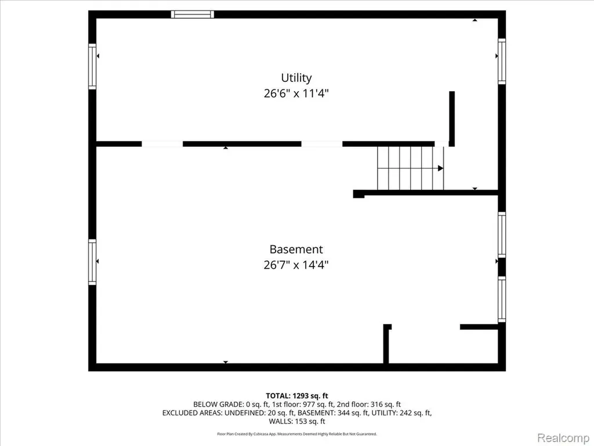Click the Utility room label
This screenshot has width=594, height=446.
pos(296,78)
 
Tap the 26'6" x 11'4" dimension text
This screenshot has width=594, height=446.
pos(296,93)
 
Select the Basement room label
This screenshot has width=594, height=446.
pos(296,250)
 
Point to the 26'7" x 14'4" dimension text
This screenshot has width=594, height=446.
pos(296,265)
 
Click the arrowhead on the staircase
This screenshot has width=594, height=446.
pos(441,168)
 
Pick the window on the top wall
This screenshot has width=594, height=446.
pos(193,15)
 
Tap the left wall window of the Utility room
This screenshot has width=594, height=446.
pos(92,66)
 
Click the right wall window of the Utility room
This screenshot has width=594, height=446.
pos(502,62)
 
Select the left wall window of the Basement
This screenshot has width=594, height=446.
pos(92,262)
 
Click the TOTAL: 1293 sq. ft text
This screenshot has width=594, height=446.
pos(297,396)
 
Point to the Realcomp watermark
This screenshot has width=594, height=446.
pos(563,438)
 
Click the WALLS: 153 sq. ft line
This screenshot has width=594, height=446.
pos(297,422)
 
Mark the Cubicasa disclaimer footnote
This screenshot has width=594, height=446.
pos(297,434)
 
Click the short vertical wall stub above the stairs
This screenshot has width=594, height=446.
pos(452,118)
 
